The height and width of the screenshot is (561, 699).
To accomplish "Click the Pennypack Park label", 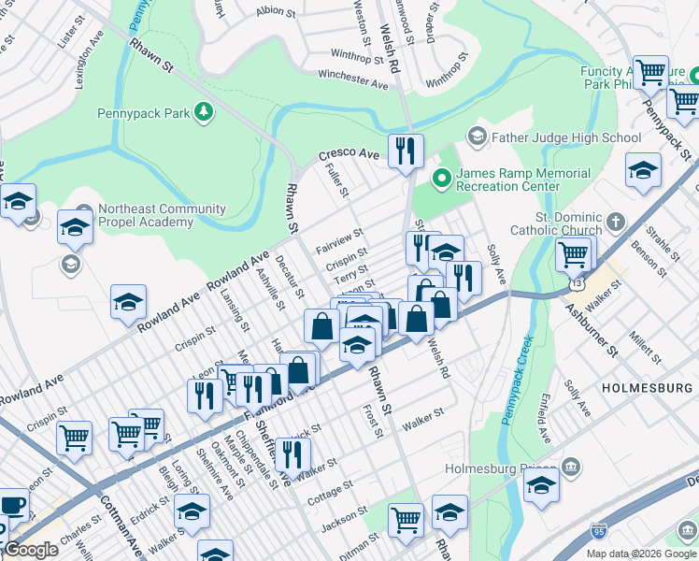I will pyautogui.click(x=142, y=114).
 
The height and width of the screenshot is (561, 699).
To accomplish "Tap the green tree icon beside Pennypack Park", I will pyautogui.click(x=203, y=114).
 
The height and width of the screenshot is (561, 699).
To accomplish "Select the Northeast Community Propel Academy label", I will pyautogui.click(x=151, y=216).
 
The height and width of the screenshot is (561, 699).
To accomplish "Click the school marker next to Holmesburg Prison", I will pyautogui.click(x=541, y=484).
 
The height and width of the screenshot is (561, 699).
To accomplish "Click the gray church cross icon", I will pyautogui.click(x=615, y=222).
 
